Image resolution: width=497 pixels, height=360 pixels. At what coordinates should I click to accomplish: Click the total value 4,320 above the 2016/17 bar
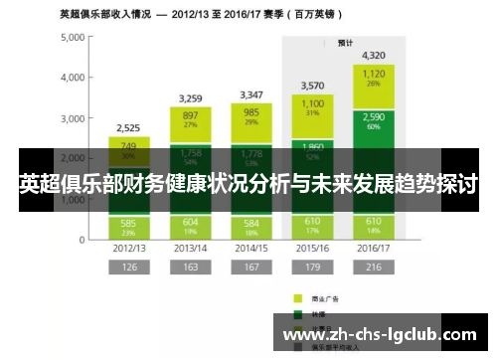click(374, 55)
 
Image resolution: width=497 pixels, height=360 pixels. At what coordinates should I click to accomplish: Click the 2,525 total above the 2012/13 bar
click(128, 127)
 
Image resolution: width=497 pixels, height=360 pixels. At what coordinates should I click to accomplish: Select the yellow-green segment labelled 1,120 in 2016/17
click(374, 78)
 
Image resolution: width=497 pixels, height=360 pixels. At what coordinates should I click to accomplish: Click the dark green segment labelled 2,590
click(374, 122)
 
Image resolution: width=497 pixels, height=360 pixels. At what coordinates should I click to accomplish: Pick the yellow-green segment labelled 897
click(190, 119)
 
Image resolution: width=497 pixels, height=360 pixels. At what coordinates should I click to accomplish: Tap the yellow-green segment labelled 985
click(250, 117)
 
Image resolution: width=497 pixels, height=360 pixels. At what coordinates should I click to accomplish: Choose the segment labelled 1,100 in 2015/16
click(312, 107)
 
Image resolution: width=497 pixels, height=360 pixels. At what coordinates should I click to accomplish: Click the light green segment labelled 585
click(128, 227)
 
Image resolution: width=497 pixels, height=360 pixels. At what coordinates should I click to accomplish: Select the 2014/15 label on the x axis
click(250, 247)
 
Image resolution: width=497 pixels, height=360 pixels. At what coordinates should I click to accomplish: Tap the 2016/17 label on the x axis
click(374, 247)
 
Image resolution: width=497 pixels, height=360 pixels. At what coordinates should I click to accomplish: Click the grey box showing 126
click(128, 268)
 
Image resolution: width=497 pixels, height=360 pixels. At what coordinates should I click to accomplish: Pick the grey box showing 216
click(374, 268)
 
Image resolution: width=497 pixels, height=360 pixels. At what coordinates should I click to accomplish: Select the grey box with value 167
click(250, 268)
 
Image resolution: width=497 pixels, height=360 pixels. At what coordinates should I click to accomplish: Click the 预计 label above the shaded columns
click(345, 43)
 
